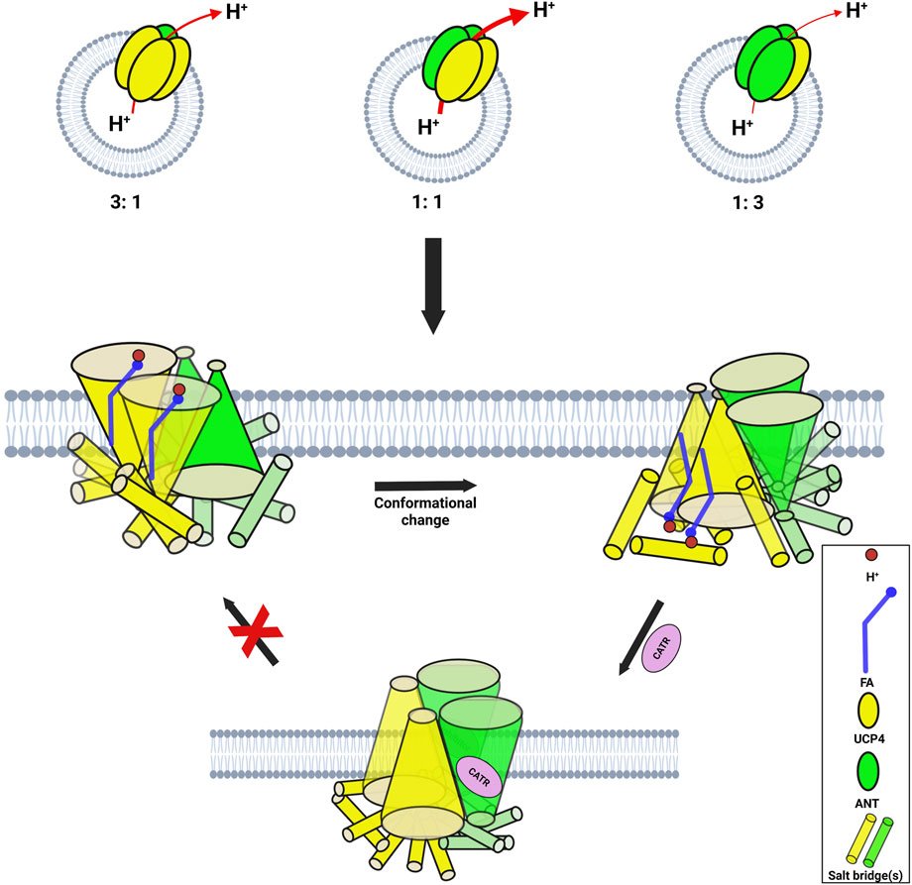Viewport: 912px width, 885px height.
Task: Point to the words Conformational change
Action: [425, 511]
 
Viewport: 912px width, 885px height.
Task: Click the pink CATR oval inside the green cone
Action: [480, 769]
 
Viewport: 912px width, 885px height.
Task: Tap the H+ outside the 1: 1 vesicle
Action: [544, 12]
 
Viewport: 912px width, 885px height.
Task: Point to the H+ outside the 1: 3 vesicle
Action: [854, 12]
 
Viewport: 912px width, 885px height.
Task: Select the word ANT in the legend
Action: [869, 805]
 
